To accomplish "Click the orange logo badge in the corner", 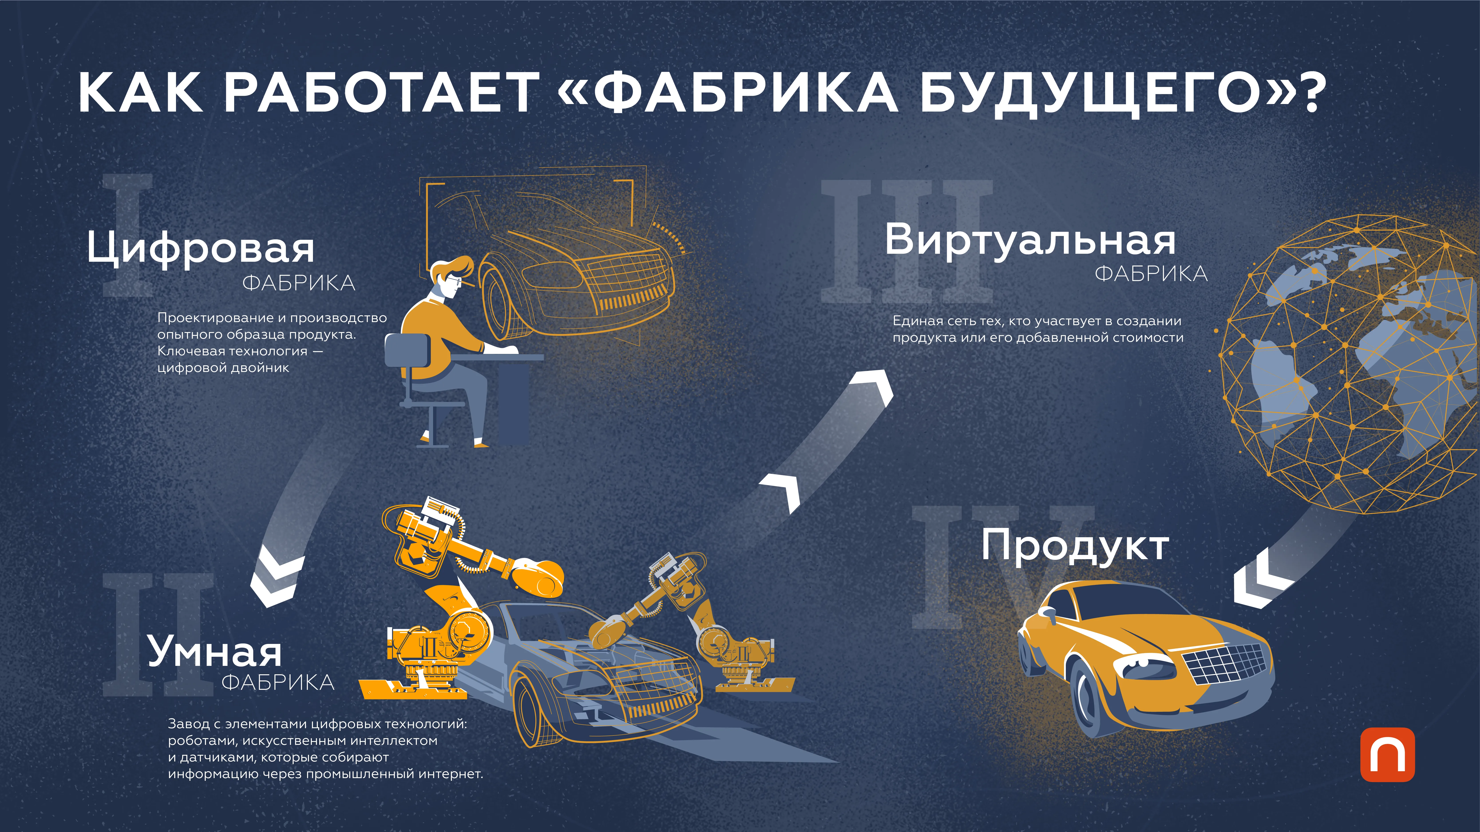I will point(1387,755).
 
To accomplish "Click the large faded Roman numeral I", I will point(128,235).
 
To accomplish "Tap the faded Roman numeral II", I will point(158,634).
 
